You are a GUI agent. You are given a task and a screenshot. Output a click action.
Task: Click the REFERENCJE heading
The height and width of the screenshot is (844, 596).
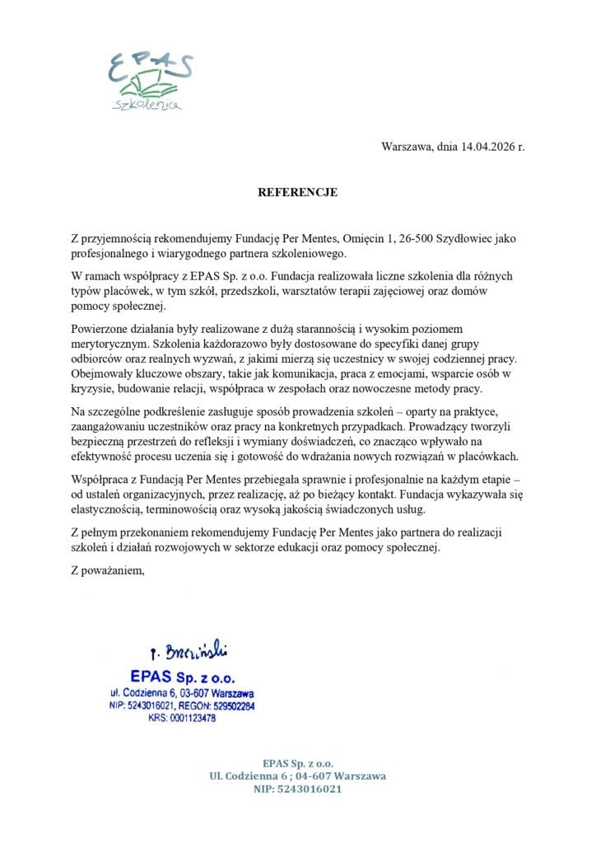[298, 193]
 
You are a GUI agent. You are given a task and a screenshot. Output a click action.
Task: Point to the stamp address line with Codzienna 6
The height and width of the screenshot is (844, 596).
[183, 694]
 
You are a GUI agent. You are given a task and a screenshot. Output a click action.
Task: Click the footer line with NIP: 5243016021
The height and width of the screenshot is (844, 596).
[298, 789]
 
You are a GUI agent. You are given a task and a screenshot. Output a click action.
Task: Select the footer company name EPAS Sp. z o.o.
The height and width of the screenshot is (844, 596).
[298, 763]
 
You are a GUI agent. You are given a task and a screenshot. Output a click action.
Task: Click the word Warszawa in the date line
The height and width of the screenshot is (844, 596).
[407, 148]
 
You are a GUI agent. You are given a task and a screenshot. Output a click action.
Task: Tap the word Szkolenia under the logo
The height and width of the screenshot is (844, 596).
[149, 105]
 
